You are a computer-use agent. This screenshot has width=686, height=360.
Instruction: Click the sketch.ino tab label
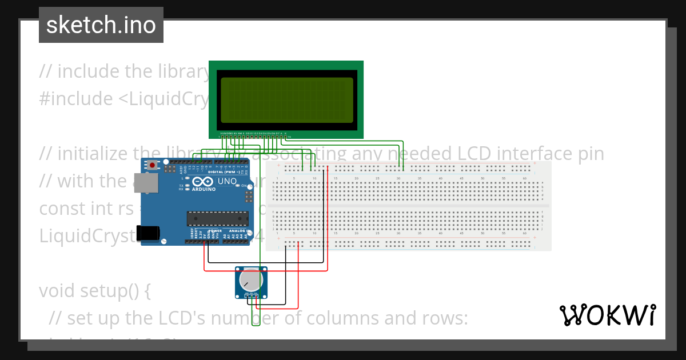click(101, 25)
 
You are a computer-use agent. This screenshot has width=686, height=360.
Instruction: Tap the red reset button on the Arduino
click(153, 165)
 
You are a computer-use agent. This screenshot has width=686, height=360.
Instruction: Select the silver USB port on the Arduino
click(150, 183)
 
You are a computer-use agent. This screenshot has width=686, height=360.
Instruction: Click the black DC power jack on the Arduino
click(151, 233)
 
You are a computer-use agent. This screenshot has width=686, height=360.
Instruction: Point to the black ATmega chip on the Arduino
click(218, 219)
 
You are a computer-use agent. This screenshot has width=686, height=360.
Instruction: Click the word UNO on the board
click(227, 181)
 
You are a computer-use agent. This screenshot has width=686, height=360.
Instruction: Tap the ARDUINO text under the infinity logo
click(204, 189)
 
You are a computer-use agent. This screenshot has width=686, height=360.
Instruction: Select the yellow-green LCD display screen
click(286, 100)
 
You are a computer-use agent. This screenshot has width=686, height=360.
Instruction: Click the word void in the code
click(57, 291)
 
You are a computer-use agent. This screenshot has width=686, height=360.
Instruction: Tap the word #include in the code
click(76, 99)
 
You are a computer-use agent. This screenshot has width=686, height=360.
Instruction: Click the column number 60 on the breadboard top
click(524, 179)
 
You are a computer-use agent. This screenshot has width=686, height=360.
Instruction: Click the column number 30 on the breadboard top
click(398, 179)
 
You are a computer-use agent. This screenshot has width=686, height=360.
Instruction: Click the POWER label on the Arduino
click(214, 231)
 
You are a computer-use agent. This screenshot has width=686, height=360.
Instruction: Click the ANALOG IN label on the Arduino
click(237, 231)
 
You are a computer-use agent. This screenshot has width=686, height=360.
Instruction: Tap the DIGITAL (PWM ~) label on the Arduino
click(225, 172)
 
